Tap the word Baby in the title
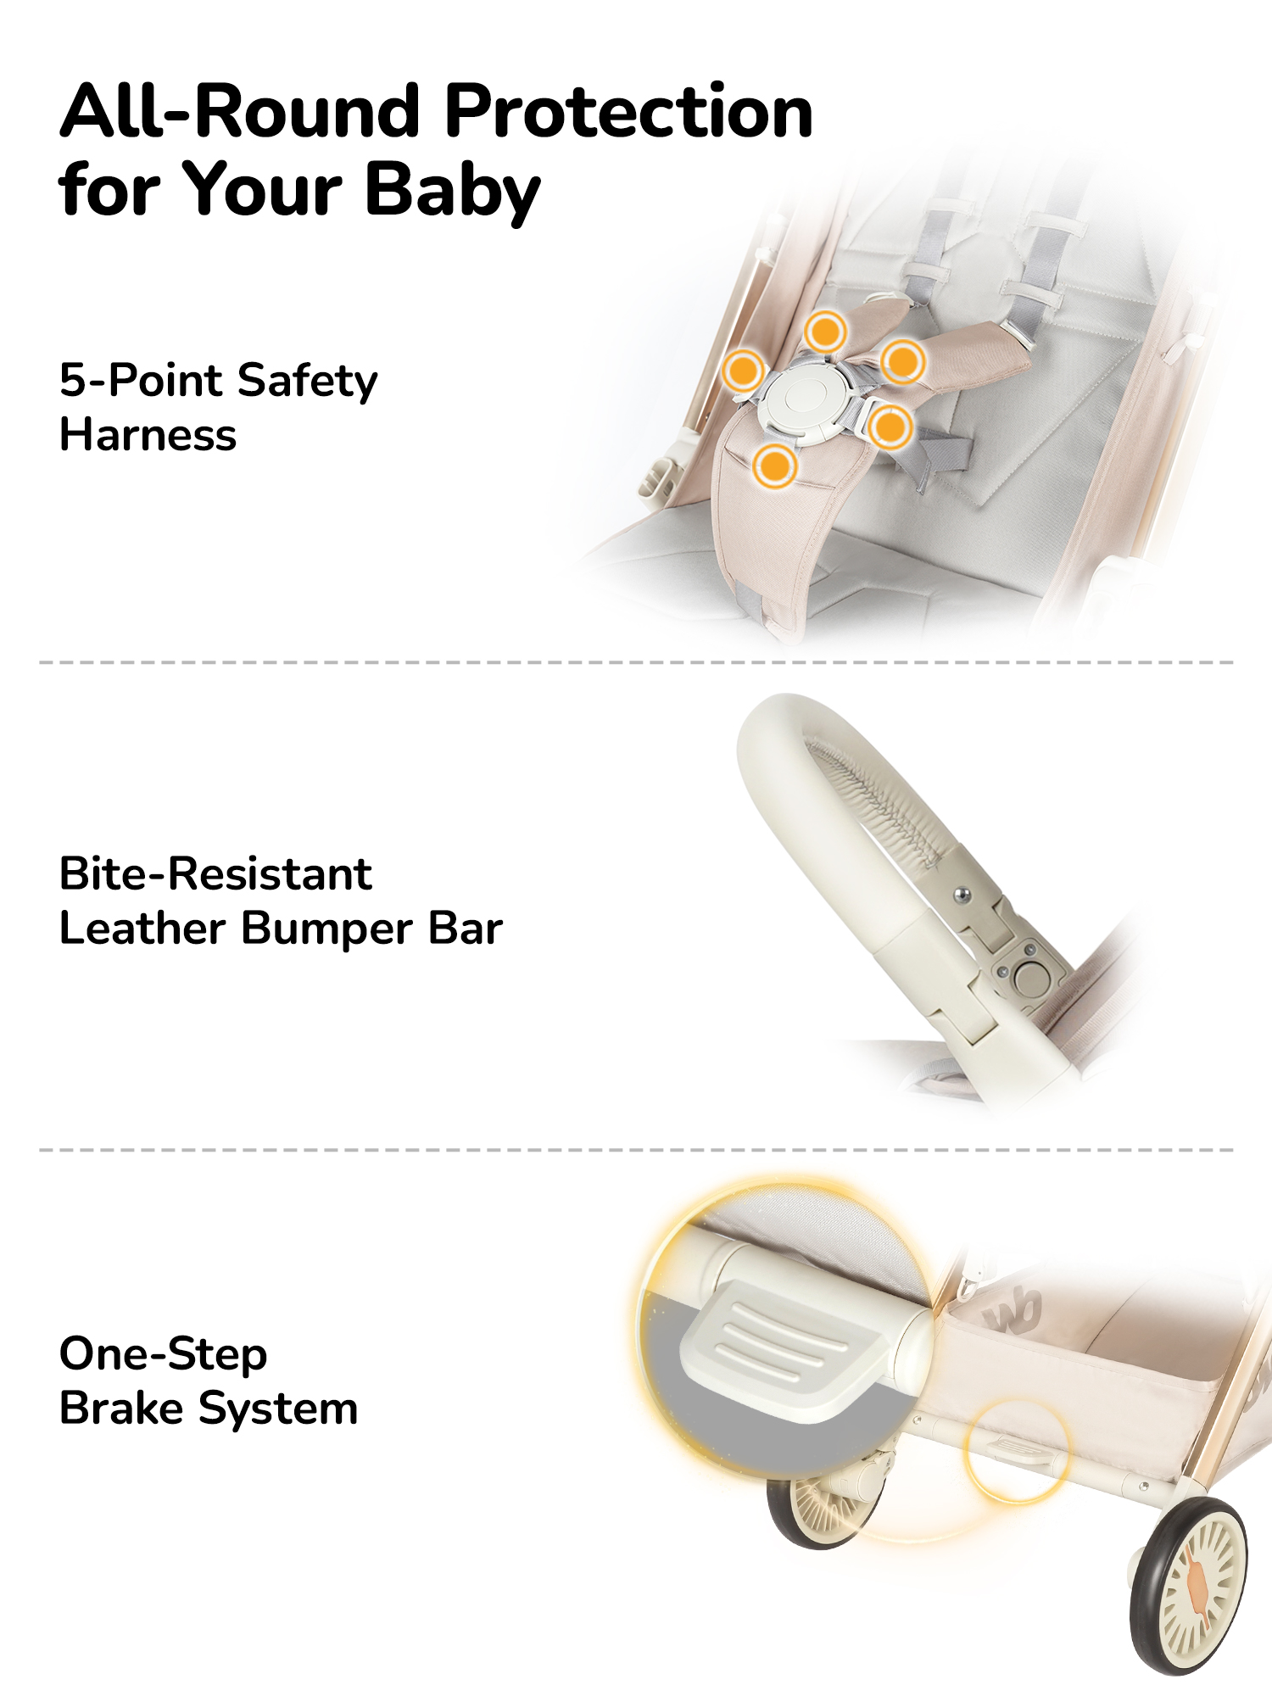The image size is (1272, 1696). point(452,192)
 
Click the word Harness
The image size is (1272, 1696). point(148,435)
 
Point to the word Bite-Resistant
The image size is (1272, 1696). point(215,873)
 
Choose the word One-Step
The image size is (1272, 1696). point(164,1354)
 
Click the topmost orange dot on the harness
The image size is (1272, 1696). point(825,331)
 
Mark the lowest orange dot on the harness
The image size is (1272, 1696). point(774,466)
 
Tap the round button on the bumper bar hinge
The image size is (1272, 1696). point(1032,978)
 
